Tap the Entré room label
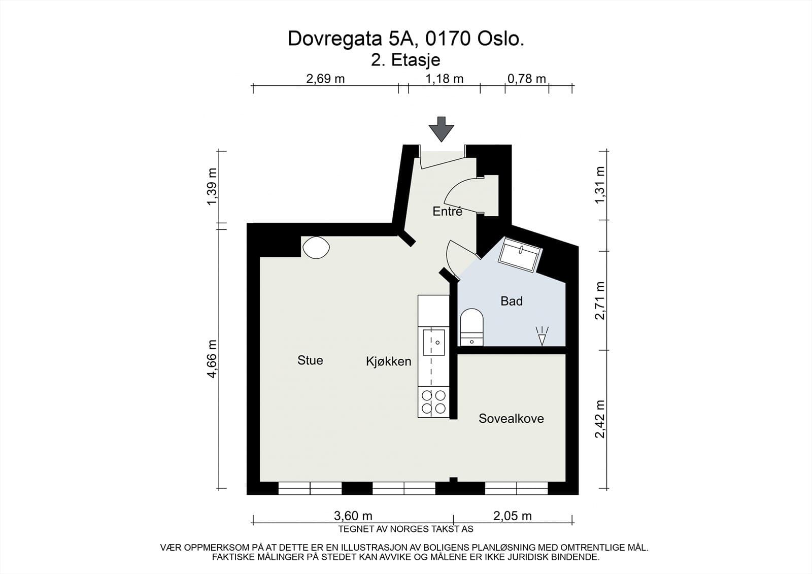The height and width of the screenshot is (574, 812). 447,211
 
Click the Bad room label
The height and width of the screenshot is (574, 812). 511,301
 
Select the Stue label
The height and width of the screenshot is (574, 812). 310,360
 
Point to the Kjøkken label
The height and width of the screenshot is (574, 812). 388,361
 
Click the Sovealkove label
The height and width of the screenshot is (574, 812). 511,418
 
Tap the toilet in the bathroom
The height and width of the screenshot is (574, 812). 471,327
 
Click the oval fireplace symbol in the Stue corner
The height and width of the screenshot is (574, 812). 316,248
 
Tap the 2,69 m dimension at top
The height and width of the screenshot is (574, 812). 325,79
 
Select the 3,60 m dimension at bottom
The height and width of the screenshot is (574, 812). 353,516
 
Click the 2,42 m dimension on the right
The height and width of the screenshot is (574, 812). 600,419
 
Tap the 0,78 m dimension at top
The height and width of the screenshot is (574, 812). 526,79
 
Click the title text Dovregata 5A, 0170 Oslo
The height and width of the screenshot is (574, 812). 406,39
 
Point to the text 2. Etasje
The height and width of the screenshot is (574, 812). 405,60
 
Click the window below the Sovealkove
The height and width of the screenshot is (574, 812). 517,488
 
